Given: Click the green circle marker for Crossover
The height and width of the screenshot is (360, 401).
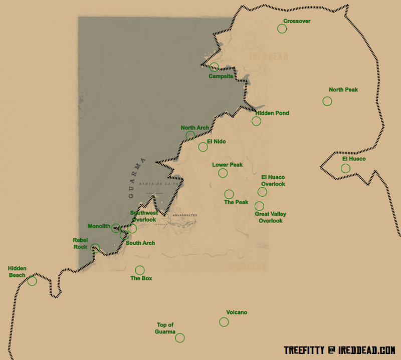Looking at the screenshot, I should [282, 29].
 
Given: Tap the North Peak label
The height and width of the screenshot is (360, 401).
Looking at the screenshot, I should [343, 90].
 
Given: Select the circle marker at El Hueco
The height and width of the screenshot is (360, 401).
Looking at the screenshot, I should [345, 168].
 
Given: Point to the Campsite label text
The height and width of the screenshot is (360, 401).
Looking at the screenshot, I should [221, 76].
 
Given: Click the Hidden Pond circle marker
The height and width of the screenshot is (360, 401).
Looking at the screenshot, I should [256, 121].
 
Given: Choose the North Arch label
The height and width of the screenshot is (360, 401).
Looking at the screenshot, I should [195, 128].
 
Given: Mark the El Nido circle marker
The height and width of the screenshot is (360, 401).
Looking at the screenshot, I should [203, 147].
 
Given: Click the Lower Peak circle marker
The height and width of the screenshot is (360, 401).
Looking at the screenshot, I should [223, 173].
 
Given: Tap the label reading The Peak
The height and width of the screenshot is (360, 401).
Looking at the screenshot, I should [236, 202].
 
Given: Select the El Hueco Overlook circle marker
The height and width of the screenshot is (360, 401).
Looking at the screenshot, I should [262, 192].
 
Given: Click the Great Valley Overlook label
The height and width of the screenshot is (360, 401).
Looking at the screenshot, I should [270, 217].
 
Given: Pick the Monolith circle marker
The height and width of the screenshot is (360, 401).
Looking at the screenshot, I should [116, 228].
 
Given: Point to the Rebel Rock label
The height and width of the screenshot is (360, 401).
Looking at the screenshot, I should [80, 243].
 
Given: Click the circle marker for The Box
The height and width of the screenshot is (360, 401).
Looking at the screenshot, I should [140, 270].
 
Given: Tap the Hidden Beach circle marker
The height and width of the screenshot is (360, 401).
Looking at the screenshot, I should [32, 281].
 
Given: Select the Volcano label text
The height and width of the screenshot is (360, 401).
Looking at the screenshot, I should [237, 312].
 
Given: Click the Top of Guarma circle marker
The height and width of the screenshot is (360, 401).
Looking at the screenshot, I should [180, 338].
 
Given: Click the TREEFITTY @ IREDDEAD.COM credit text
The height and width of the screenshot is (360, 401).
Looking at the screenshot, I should [339, 349].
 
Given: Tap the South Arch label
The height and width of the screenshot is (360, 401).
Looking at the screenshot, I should [140, 243].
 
